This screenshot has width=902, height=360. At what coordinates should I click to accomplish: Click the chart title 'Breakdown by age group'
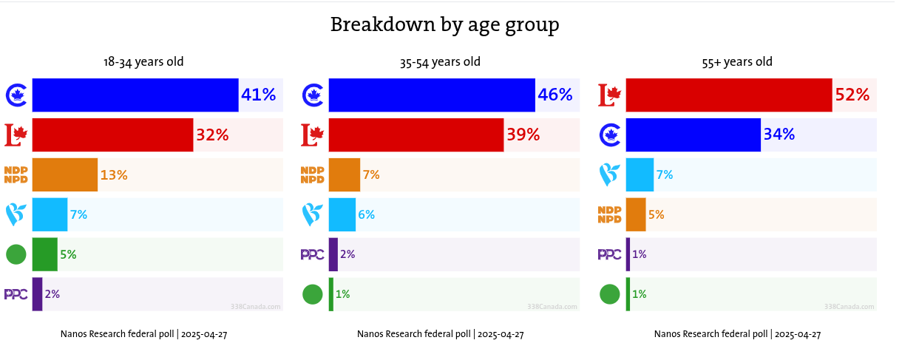pos(444,25)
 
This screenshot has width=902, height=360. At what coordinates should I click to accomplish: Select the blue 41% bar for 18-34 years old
pos(135,95)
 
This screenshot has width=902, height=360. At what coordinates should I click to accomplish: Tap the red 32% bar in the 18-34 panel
pos(112,135)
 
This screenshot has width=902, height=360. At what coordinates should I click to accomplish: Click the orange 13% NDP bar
pos(65,174)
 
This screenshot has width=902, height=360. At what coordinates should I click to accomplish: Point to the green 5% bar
pos(45,254)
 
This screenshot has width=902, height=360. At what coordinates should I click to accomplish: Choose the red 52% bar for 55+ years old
pos(729,95)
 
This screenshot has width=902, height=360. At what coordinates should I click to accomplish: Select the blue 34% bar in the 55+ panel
pos(693,135)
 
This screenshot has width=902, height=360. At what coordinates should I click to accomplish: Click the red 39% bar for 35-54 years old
pos(416,135)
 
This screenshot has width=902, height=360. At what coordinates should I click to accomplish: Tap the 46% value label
pos(555,95)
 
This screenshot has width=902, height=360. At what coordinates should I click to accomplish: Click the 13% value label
pos(114,175)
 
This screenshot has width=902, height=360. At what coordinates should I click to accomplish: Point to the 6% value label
pos(366,215)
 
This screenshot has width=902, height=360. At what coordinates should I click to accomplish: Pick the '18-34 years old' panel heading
pos(143,62)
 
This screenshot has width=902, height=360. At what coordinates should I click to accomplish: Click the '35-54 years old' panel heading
pos(440,62)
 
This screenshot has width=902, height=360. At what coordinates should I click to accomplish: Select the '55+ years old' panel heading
pos(737,62)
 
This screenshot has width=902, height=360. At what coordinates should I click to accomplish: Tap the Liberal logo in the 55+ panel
pos(609,95)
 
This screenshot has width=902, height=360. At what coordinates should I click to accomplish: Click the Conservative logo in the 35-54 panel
pos(313,95)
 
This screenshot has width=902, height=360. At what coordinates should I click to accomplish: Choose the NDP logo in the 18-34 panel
pos(16,174)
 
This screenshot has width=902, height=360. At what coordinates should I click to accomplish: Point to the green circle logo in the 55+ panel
pos(609,294)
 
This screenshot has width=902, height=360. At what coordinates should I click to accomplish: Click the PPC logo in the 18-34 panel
pos(16,294)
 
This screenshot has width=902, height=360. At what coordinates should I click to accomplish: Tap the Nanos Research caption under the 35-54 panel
pos(440,334)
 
